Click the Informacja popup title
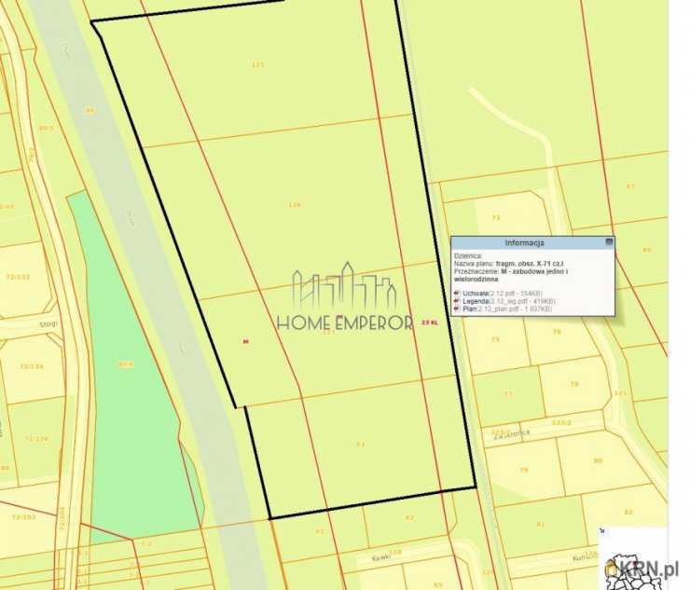(x=531, y=241)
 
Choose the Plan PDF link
(x=470, y=309)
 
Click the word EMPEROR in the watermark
(x=372, y=323)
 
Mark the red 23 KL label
(x=430, y=322)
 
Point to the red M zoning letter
(x=245, y=341)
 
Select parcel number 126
(x=295, y=205)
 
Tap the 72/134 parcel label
(x=17, y=367)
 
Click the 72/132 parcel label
(x=18, y=278)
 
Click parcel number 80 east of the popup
(x=598, y=460)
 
